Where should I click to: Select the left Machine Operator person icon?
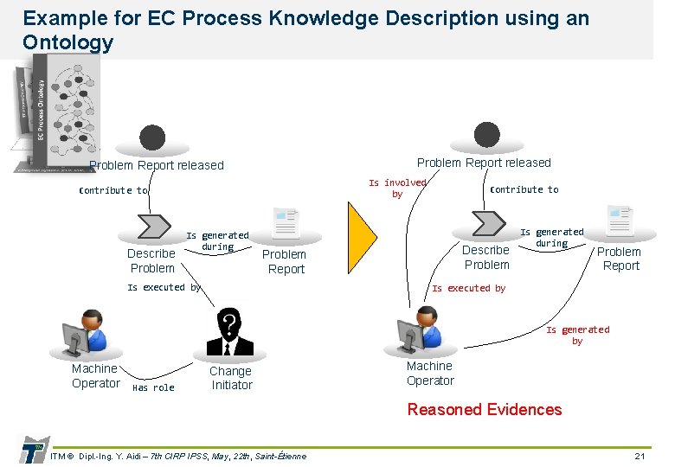[86, 335]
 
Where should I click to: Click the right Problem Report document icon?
[620, 222]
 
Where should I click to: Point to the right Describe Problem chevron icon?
[486, 223]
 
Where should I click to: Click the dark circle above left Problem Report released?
[152, 138]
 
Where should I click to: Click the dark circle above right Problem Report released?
[486, 135]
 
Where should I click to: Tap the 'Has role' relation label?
[153, 388]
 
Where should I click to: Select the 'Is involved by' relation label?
[397, 189]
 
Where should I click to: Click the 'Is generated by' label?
[577, 336]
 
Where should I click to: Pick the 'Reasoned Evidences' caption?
[484, 410]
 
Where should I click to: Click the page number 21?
[640, 456]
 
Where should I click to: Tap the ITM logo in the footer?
[32, 451]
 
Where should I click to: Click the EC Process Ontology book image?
[52, 112]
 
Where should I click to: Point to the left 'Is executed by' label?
[164, 287]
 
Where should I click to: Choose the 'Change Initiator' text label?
[231, 378]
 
